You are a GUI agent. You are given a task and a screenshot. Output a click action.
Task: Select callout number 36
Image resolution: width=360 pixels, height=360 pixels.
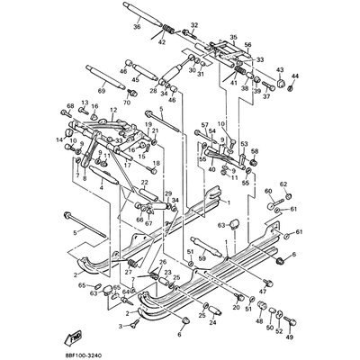137,28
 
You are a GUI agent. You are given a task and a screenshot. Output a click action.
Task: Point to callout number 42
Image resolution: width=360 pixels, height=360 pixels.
162,41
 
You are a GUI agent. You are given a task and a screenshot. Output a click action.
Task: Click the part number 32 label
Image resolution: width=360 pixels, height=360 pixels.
195,26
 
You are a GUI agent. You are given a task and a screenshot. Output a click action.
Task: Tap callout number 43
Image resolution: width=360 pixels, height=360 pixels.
280,70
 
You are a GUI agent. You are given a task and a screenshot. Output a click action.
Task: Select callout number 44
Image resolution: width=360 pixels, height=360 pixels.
297,76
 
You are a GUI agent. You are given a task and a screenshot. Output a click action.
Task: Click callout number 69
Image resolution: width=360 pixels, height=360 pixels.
102,92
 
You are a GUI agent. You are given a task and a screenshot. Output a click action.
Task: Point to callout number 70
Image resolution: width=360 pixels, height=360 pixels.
126,103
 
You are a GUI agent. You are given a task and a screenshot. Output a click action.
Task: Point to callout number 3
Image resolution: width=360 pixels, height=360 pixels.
121,323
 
